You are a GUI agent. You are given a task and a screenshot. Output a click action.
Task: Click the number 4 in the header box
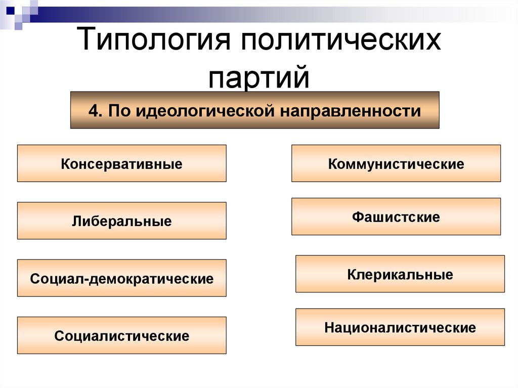[x=93, y=110]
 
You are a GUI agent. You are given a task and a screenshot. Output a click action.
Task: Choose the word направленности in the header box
[x=349, y=110]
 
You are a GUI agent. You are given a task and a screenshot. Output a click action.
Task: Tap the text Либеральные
[x=121, y=222]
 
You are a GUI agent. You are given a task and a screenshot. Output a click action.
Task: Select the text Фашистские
[x=396, y=218]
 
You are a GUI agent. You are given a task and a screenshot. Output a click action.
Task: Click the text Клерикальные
[x=400, y=275]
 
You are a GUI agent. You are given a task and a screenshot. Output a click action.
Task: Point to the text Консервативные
[x=121, y=164]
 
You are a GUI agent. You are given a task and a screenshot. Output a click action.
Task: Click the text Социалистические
[x=121, y=336]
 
